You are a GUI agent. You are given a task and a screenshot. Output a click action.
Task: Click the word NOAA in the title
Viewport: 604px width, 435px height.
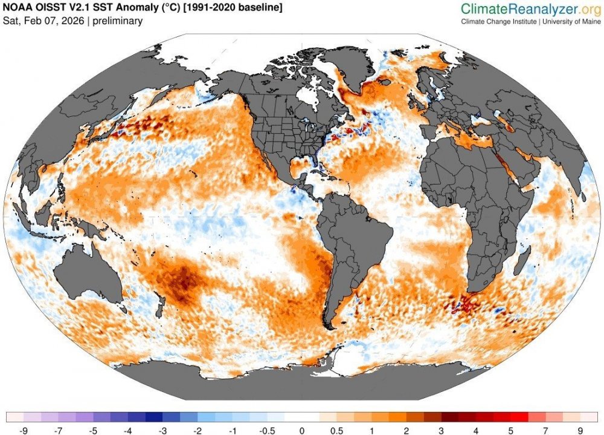[x=19, y=8]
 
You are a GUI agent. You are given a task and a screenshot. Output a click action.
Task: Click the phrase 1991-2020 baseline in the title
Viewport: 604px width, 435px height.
[x=242, y=8]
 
